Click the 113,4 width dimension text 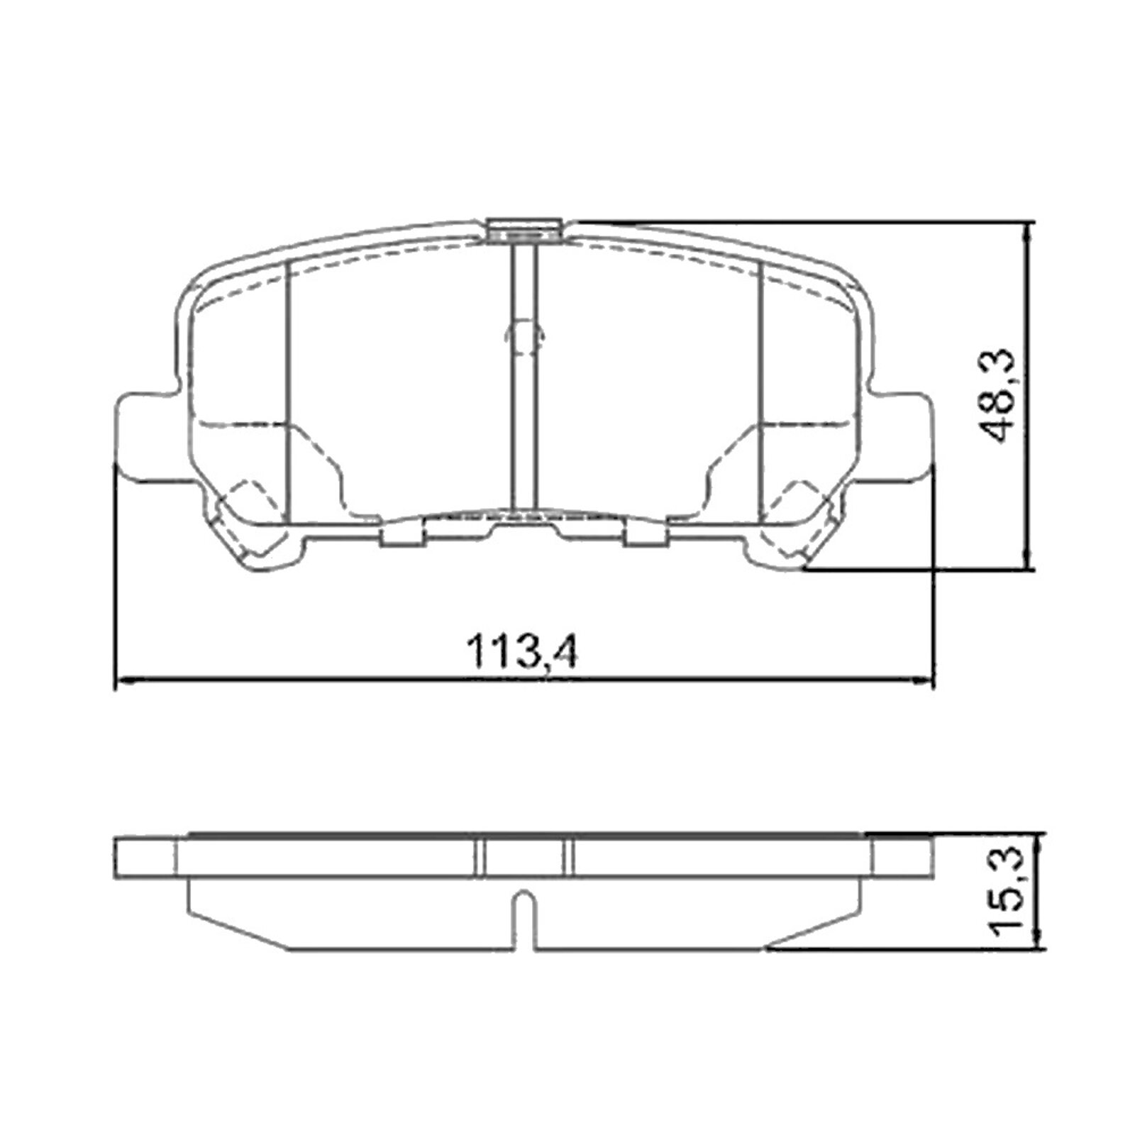pyautogui.click(x=522, y=651)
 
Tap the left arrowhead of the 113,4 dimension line pyautogui.click(x=122, y=682)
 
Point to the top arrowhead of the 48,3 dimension pyautogui.click(x=1027, y=228)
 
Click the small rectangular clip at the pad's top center pyautogui.click(x=525, y=231)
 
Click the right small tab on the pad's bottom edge pyautogui.click(x=646, y=537)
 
